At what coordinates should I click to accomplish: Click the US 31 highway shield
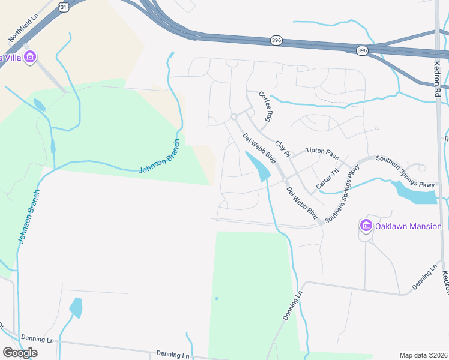pos(64,7)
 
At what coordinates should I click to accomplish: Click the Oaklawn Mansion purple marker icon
pos(366,226)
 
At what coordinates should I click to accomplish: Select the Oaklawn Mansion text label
pos(408,226)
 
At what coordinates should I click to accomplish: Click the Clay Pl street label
pos(282,149)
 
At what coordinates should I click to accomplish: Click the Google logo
pos(20,352)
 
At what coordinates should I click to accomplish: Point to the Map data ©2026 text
pos(423,355)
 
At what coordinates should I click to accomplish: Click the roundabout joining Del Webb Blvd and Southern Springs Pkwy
pos(286,181)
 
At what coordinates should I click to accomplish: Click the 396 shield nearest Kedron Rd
pos(361,51)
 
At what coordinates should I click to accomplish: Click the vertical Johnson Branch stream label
pos(29,217)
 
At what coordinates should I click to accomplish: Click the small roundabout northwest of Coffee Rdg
pos(234,117)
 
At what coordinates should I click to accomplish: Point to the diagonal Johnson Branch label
pos(158,157)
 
